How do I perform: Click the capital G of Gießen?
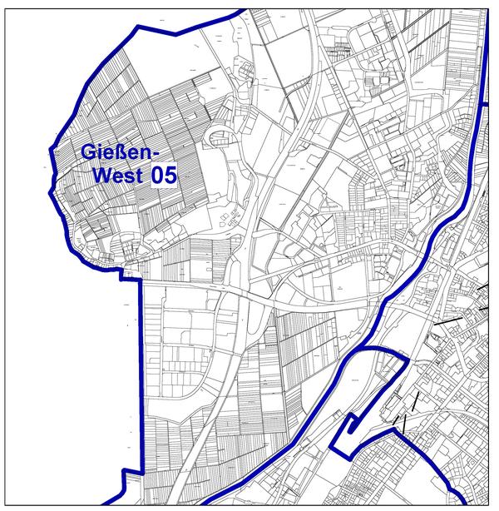[89, 152]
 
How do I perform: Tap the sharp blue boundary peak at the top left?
[137, 27]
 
